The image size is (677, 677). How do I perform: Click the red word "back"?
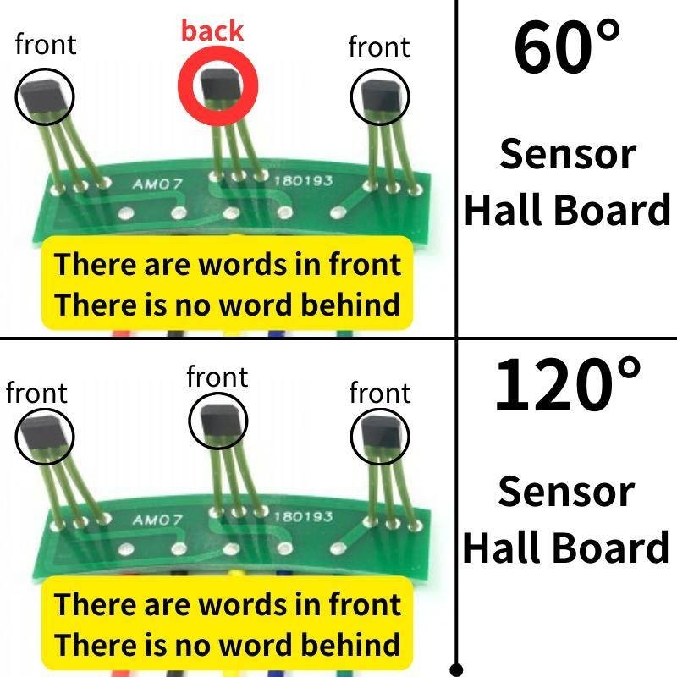point(212,31)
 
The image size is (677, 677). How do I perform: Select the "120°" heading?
point(568,385)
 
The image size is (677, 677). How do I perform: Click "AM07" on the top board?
point(158,184)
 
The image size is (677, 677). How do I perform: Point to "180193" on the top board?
point(302,180)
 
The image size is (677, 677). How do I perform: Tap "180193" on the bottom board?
point(302,516)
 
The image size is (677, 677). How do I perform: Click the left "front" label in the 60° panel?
point(46,45)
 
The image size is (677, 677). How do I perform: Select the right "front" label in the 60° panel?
point(379,47)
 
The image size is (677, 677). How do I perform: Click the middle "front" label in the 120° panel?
point(217,377)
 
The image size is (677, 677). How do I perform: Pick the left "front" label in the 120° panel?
point(36,393)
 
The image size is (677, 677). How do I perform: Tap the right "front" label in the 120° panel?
point(380,393)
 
